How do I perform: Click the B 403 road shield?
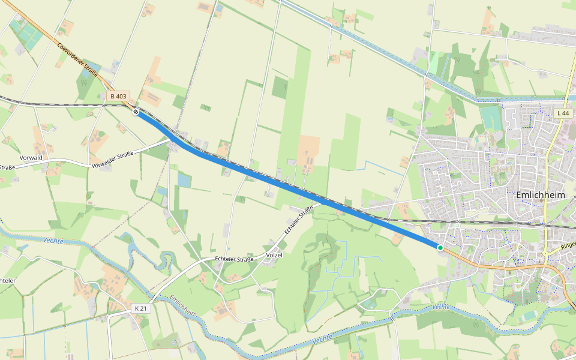coord(119,96)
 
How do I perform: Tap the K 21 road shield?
coord(140,308)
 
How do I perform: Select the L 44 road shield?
coord(562,113)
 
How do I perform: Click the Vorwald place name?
coord(31,157)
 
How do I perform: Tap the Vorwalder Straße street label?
coord(112,160)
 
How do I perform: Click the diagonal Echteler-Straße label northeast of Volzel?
coord(299,220)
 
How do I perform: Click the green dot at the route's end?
coord(440,247)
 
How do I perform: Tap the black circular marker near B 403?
coord(136,111)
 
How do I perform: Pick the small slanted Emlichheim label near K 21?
coord(183,307)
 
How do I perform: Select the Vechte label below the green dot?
coord(441,307)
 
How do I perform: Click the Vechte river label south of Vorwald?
coord(53,241)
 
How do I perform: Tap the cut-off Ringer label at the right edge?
coord(568,245)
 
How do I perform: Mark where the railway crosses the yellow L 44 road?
coord(547,224)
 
